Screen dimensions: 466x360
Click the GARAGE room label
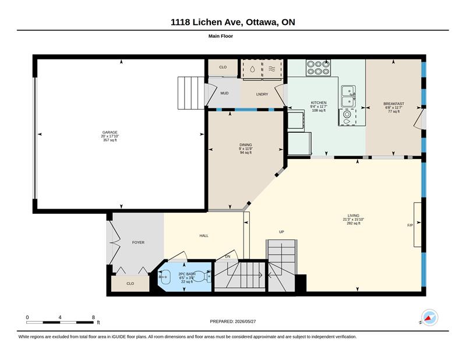click(110, 132)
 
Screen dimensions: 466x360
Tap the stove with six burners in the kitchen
click(318, 68)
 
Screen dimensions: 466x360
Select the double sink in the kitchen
click(348, 96)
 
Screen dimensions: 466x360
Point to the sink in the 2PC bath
click(164, 277)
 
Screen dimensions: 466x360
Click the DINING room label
click(246, 145)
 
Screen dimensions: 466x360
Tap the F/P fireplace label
click(410, 225)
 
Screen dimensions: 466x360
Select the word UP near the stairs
click(281, 232)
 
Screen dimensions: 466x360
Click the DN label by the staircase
click(228, 256)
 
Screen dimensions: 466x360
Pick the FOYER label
click(138, 242)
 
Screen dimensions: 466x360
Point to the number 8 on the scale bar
click(93, 317)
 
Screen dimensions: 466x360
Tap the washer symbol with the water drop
click(252, 69)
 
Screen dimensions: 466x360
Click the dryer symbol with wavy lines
click(272, 69)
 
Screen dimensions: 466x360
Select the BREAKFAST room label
click(394, 104)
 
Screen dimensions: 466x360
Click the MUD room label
click(224, 93)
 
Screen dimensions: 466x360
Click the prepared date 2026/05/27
click(245, 322)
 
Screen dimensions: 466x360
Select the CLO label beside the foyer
click(130, 284)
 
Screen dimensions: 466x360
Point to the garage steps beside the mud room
click(191, 93)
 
